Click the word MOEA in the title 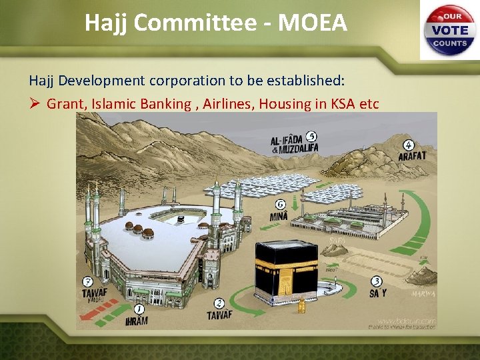click(x=313, y=23)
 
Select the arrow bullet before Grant click(x=35, y=104)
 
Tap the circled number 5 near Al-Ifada click(x=311, y=137)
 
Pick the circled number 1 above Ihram click(x=139, y=309)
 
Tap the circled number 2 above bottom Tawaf click(x=220, y=304)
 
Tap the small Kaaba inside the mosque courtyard click(x=179, y=219)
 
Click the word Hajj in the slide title click(x=107, y=23)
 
